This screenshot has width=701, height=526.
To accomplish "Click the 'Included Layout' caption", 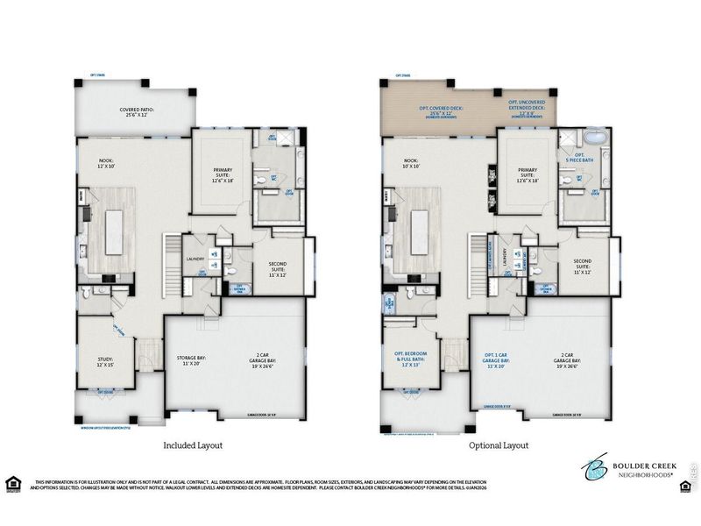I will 193,445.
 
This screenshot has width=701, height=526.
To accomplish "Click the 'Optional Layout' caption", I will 499,445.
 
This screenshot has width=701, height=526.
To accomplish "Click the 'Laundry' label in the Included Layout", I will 195,259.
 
